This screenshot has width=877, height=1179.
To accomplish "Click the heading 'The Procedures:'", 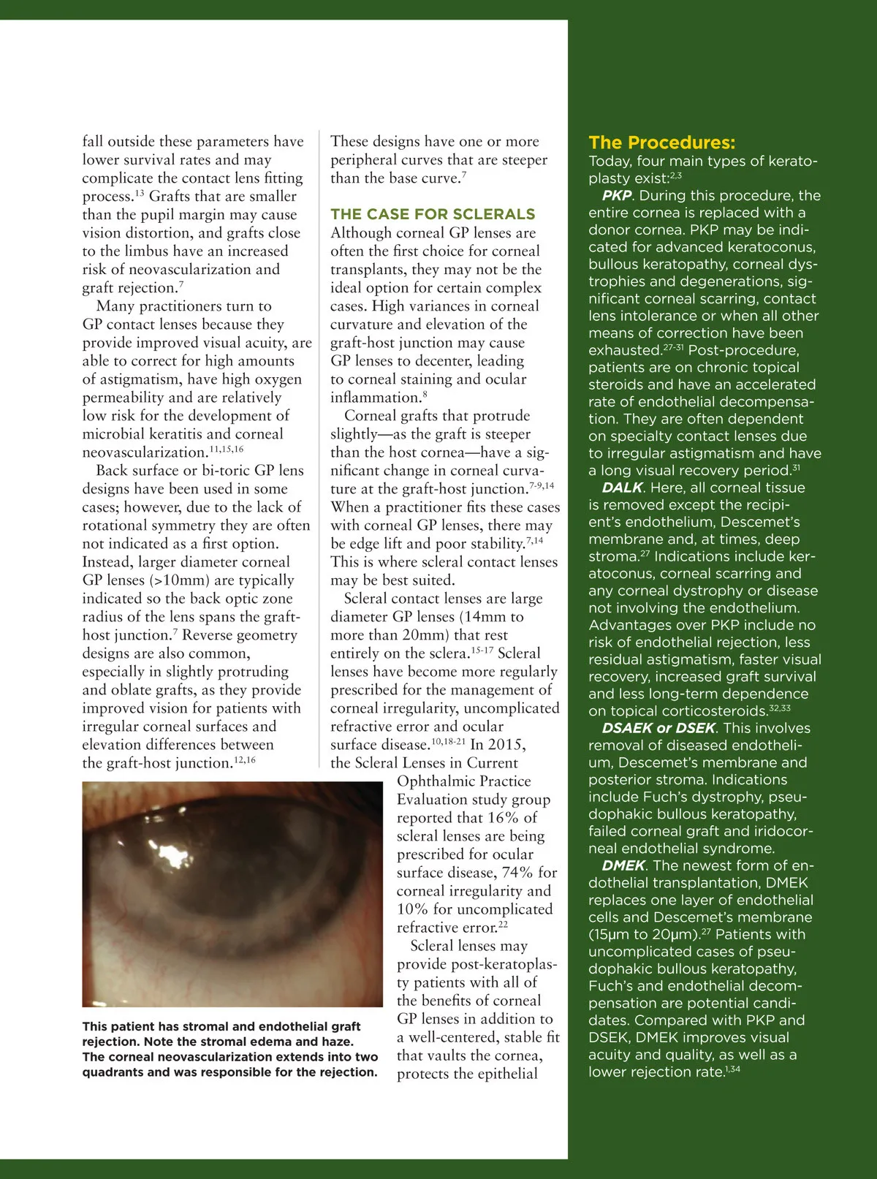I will [661, 143].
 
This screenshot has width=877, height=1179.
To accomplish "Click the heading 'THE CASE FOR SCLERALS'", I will [433, 214].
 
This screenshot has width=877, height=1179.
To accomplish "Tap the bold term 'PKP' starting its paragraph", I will [617, 196].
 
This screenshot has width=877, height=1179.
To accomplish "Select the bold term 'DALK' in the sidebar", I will [622, 488].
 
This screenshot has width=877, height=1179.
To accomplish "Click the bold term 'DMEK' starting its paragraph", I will [623, 865].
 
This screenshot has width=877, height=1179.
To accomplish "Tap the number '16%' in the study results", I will [503, 818].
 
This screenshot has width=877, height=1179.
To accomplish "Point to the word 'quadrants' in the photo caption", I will [113, 1072].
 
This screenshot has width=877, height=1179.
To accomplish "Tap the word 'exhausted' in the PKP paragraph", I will [624, 351].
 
